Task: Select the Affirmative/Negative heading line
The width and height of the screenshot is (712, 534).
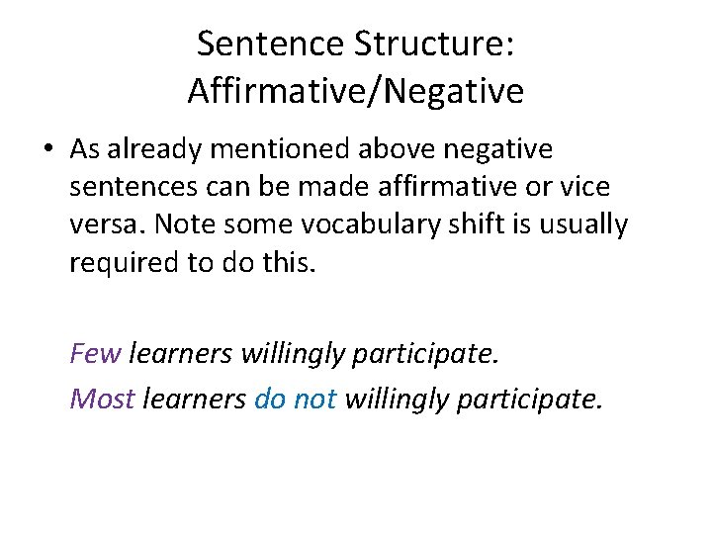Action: click(355, 91)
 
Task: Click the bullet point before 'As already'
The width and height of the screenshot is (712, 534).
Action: click(49, 150)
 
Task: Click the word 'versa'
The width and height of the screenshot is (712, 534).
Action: click(106, 225)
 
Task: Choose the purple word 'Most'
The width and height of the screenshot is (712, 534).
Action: click(102, 399)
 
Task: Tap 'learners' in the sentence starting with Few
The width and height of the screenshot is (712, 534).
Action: click(181, 352)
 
